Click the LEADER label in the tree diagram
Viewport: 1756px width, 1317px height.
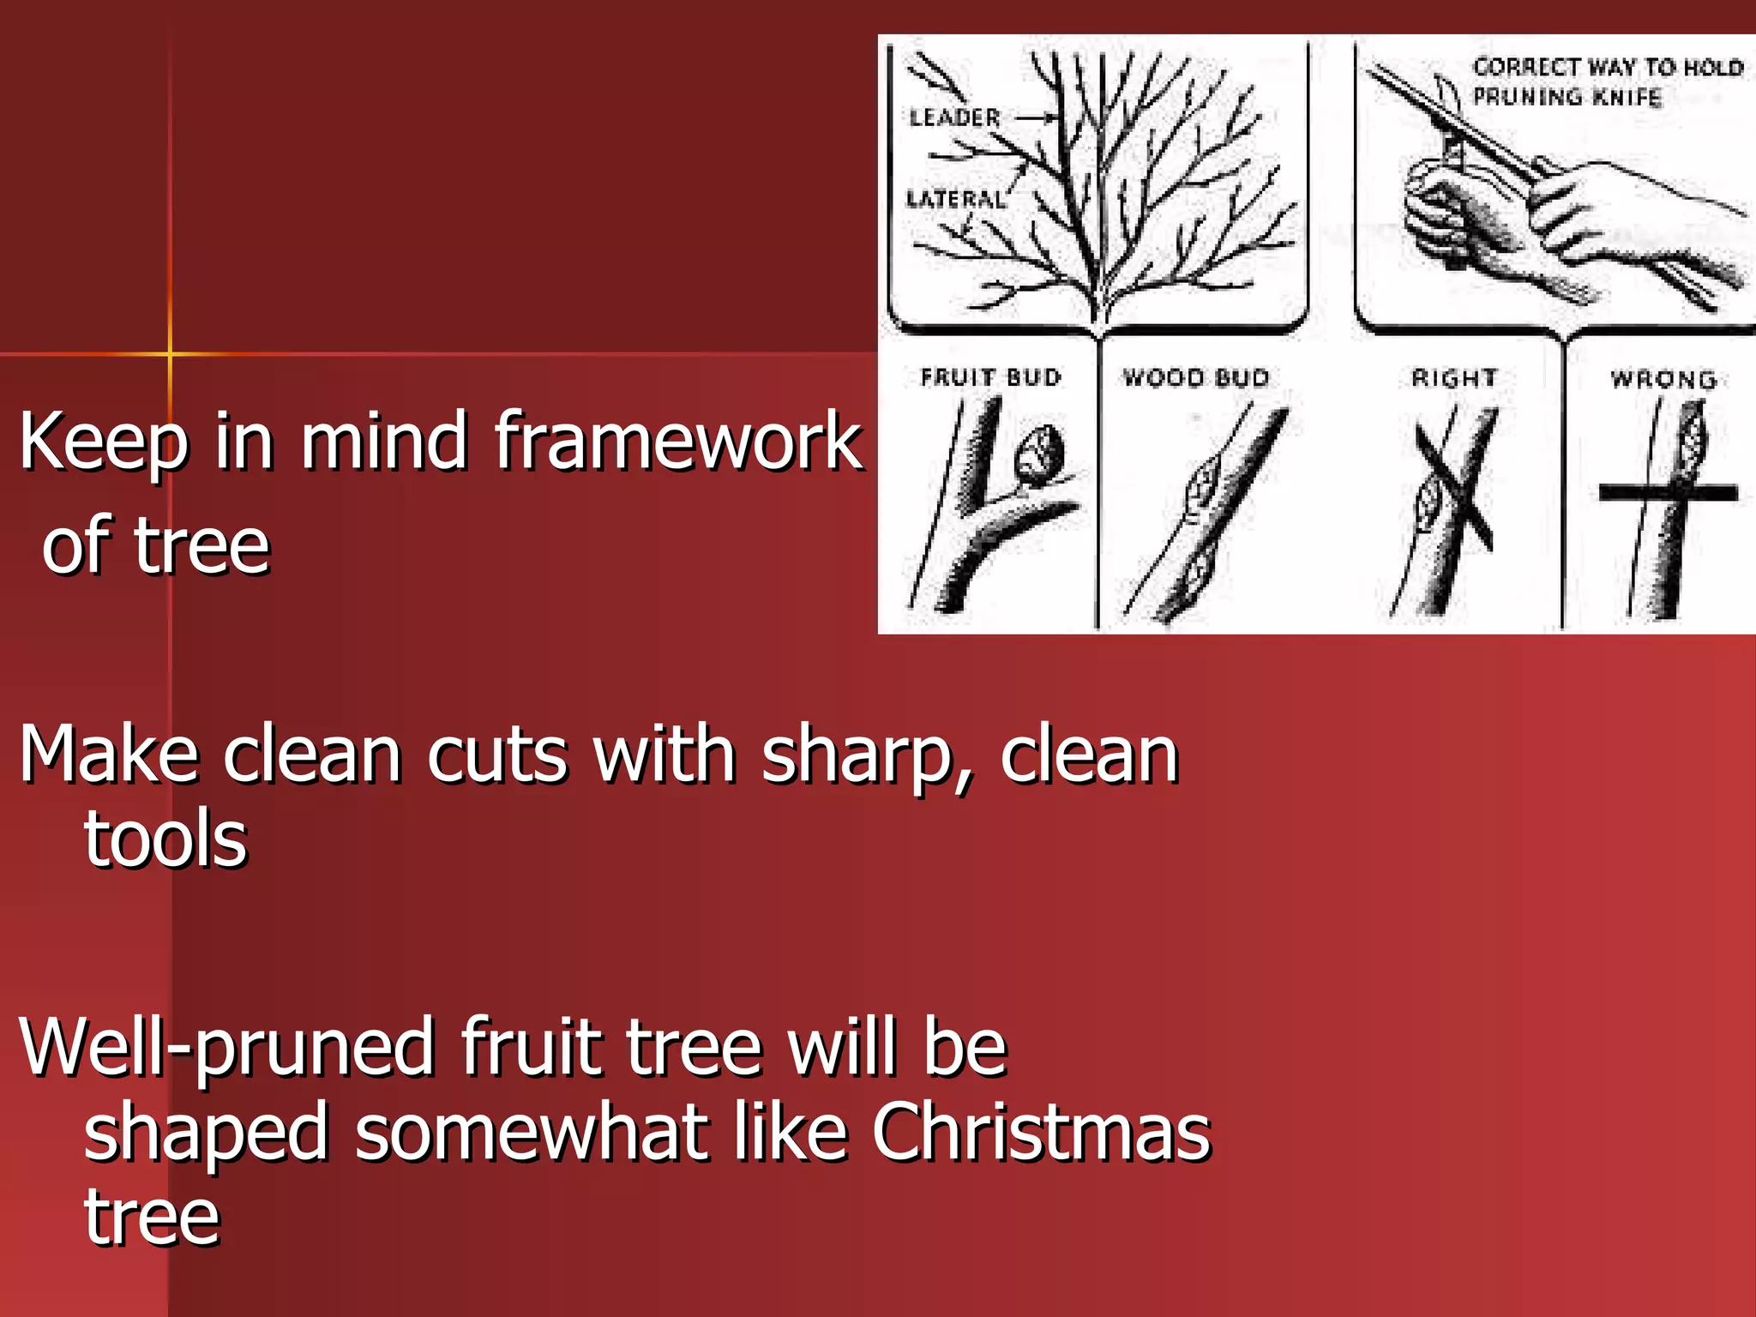(x=954, y=117)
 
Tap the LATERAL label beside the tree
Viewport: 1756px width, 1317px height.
(x=955, y=200)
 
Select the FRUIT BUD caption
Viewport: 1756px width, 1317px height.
(x=990, y=377)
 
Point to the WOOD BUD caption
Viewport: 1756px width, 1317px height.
(x=1195, y=377)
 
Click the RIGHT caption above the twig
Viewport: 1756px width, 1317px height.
(x=1454, y=377)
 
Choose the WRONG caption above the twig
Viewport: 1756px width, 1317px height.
(x=1663, y=379)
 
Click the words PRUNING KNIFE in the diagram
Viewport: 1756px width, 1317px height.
(x=1567, y=97)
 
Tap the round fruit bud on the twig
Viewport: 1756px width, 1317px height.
(x=1040, y=454)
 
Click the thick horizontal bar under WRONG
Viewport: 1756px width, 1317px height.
(x=1668, y=492)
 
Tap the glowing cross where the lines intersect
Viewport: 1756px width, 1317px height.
(x=170, y=352)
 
